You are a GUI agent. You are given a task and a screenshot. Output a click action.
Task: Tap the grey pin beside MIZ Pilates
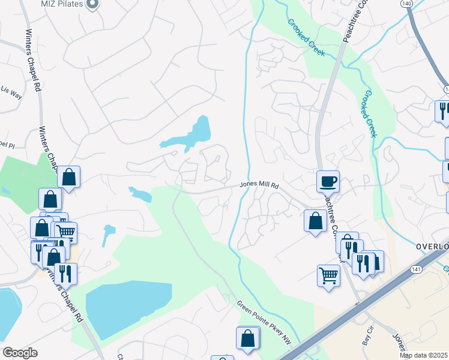[x=92, y=4]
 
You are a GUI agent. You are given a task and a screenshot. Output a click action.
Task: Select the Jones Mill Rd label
[x=260, y=186]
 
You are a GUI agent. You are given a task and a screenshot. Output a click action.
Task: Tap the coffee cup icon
[x=328, y=181]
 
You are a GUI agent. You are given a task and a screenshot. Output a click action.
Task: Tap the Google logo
[x=20, y=353]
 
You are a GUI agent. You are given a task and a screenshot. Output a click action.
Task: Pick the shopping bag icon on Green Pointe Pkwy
[x=248, y=338]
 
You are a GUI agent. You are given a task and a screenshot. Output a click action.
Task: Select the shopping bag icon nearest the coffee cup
[x=315, y=221]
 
